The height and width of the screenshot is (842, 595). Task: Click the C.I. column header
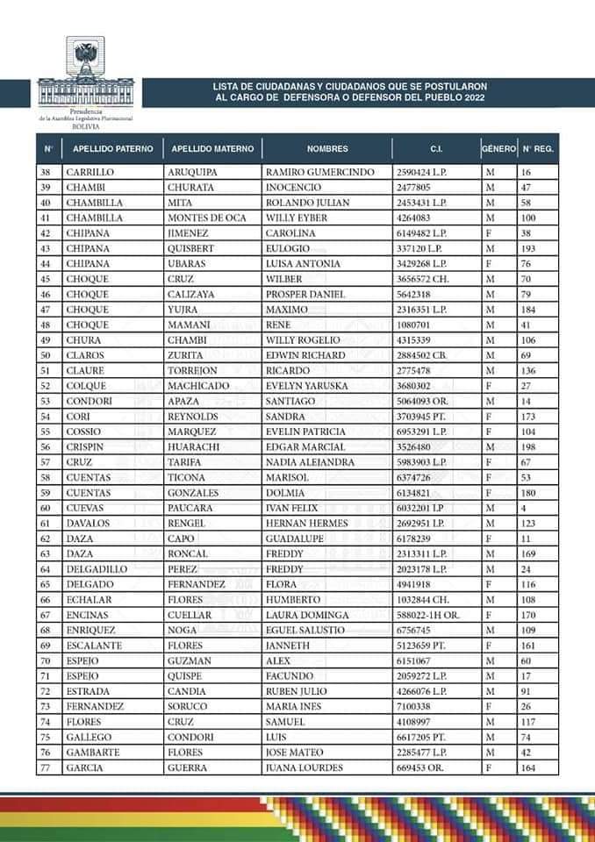436,148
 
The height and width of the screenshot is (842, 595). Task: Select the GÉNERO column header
498,148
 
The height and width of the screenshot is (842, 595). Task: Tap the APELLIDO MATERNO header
213,148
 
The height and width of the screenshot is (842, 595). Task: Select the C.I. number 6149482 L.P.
421,233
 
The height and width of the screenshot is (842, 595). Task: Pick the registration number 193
531,248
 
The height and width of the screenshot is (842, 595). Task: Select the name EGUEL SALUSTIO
304,630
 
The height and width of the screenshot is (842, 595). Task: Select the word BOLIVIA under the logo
85,126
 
